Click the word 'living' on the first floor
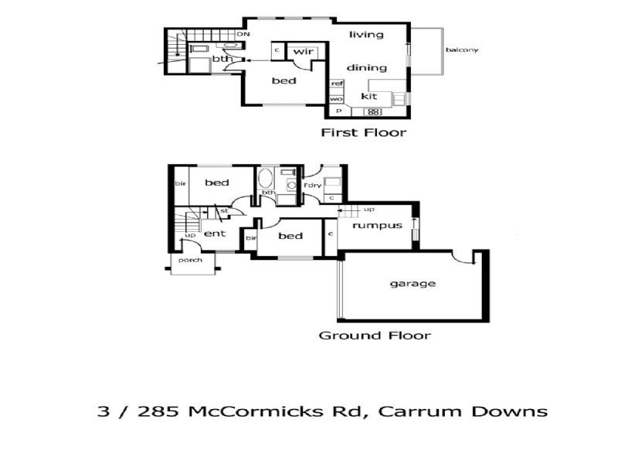(x=366, y=34)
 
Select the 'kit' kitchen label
(x=368, y=97)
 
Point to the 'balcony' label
(x=462, y=50)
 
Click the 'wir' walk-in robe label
(x=301, y=51)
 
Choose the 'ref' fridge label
(x=337, y=84)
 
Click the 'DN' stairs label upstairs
(x=243, y=34)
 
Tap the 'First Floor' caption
(x=363, y=133)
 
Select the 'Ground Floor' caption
(x=375, y=336)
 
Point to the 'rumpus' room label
(x=377, y=226)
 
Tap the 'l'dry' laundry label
(x=311, y=185)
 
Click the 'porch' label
(x=189, y=260)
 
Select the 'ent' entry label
(x=214, y=233)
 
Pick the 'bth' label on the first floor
(x=222, y=59)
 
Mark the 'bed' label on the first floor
(x=284, y=80)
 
